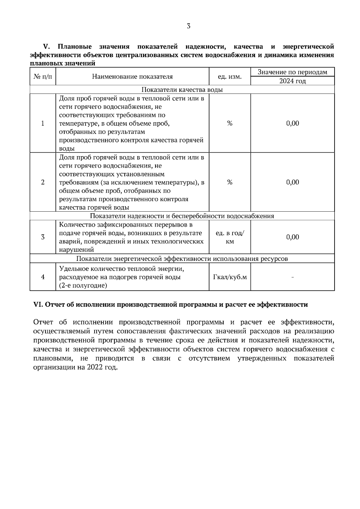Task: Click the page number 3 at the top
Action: click(188, 26)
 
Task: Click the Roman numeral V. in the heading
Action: click(46, 47)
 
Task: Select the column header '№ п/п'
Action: click(43, 77)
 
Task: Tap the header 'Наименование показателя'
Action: click(132, 77)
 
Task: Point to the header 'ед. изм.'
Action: click(229, 77)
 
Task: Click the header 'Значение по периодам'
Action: click(292, 72)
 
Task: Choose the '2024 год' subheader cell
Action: click(292, 81)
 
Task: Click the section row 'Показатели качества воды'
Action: click(182, 90)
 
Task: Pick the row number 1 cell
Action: click(43, 123)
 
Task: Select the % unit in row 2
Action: click(229, 182)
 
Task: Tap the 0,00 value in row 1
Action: click(292, 123)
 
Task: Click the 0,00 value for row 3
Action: click(292, 237)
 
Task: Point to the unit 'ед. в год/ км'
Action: click(229, 237)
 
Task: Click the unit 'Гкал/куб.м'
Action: click(229, 277)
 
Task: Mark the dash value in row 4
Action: click(292, 277)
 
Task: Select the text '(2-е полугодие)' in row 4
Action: click(83, 286)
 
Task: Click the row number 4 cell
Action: click(43, 277)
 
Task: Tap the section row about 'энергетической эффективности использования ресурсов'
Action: click(182, 259)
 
